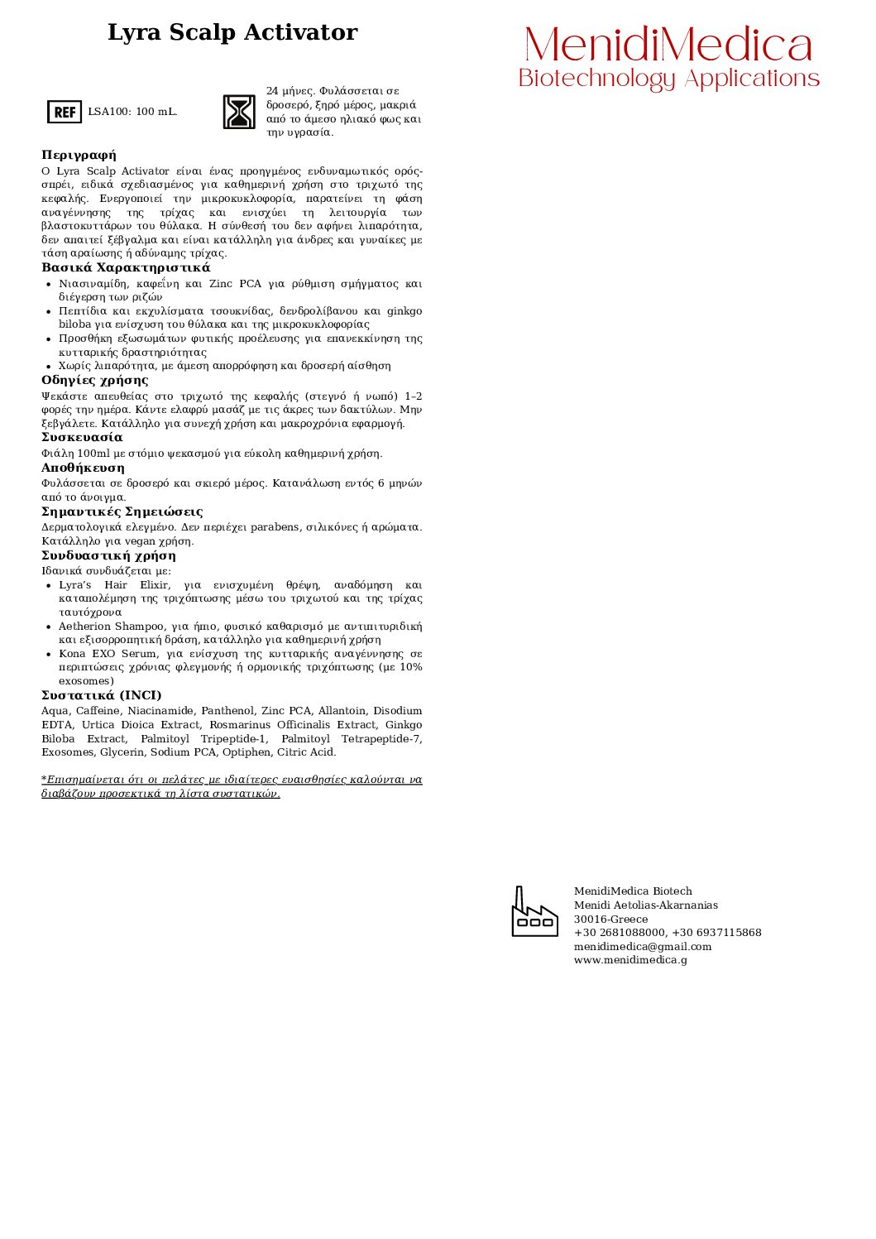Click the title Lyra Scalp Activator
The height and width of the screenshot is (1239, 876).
232,33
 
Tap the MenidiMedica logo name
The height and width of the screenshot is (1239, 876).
668,45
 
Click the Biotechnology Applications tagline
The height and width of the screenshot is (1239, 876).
668,79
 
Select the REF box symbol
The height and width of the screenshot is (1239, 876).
65,112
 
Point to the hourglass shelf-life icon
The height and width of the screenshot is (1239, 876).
239,112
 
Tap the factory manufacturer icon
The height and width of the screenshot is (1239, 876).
534,912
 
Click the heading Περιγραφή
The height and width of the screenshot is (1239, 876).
79,156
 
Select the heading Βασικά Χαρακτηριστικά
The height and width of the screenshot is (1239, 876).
126,268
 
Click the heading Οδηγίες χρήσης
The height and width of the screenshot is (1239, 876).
95,381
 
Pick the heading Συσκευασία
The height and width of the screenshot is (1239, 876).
82,438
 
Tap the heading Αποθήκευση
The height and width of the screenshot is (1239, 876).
83,468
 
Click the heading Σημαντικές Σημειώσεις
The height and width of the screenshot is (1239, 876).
122,512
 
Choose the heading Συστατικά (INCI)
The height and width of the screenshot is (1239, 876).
102,696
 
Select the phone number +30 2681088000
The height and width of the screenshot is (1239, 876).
620,933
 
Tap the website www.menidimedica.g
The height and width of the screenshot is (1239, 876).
630,960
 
